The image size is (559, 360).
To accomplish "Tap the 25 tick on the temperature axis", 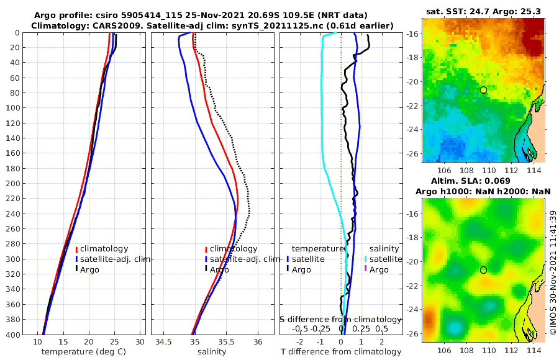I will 114,342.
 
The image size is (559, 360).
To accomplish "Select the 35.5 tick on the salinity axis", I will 227,342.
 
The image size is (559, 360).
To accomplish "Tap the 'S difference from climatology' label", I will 340,319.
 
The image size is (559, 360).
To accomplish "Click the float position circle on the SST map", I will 483,90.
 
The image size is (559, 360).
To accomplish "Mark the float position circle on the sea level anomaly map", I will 483,270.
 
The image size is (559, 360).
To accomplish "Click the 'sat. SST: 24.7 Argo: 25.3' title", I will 483,12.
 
